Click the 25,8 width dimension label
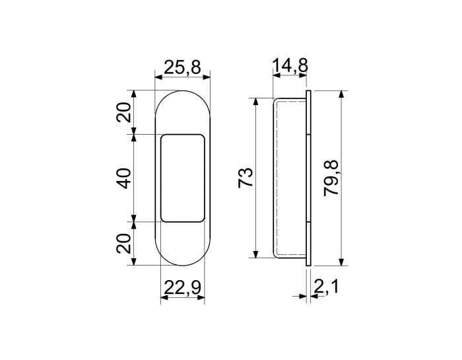[182, 67]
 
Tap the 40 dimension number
[124, 178]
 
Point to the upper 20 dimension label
[124, 112]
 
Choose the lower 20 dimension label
[124, 244]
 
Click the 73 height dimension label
[246, 177]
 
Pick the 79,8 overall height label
[331, 178]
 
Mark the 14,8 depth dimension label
[290, 65]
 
